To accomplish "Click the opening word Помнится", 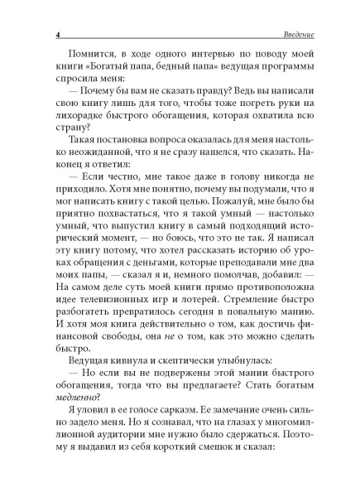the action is coord(83,61).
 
